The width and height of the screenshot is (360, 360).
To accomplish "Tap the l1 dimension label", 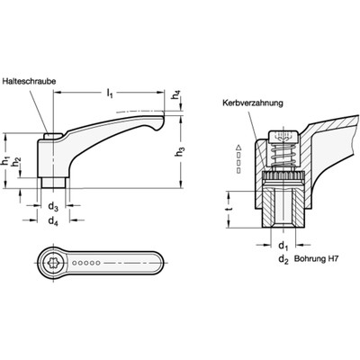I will coord(108,91).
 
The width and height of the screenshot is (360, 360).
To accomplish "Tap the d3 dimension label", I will coord(52,205).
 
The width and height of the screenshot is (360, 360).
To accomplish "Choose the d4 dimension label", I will coord(52,220).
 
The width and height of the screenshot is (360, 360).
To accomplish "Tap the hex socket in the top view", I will coord(52,264).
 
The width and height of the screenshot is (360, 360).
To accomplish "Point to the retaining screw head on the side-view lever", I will coord(51,137).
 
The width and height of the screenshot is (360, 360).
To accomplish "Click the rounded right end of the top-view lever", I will coord(140,264).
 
